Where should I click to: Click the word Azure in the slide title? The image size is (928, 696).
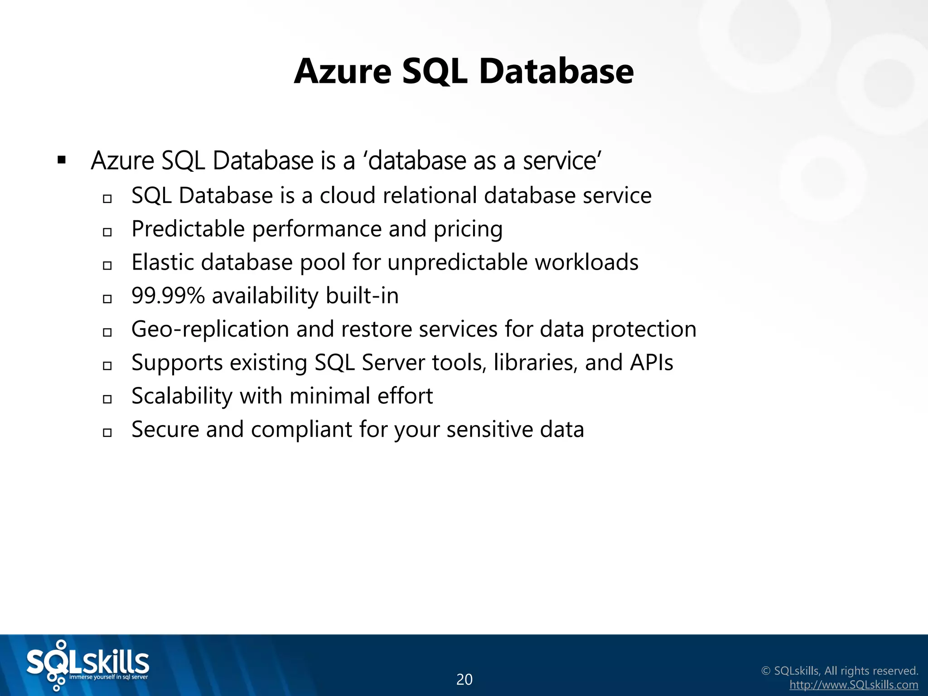coord(343,72)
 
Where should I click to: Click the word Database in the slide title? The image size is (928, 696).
coord(556,72)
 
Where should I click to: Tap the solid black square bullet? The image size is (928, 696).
coord(62,160)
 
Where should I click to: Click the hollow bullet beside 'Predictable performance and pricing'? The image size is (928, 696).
coord(107,232)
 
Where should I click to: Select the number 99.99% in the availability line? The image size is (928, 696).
coord(168,296)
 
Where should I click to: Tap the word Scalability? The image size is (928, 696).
coord(182,396)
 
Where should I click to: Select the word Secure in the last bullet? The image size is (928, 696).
coord(165,430)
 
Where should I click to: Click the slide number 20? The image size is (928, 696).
coord(464,679)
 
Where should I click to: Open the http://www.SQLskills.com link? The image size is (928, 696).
coord(854,685)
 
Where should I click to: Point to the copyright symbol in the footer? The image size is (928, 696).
coord(766,671)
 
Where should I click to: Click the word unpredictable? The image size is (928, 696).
coord(457,262)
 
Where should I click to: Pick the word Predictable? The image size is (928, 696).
coord(188,229)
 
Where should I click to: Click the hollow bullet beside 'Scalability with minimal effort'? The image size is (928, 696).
coord(107,399)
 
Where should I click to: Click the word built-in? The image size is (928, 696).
coord(362,296)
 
